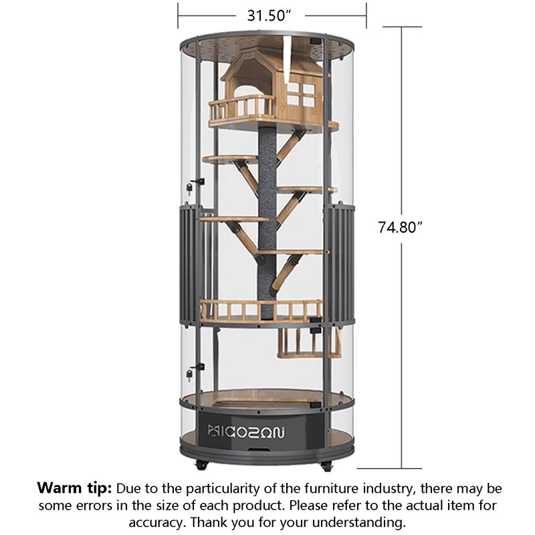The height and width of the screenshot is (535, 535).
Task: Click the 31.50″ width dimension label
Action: (269, 15)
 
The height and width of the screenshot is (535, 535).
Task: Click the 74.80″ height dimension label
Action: (400, 227)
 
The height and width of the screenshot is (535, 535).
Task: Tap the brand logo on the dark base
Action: (245, 431)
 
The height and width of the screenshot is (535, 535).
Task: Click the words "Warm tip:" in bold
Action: (74, 488)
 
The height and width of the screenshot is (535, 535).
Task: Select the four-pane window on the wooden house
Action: (300, 94)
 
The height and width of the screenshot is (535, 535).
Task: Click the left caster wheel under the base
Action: (201, 465)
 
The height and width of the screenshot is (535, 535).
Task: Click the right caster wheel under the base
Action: (326, 466)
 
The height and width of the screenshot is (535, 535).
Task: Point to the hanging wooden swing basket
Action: (309, 343)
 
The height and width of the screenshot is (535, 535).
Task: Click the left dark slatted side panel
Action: (189, 264)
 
